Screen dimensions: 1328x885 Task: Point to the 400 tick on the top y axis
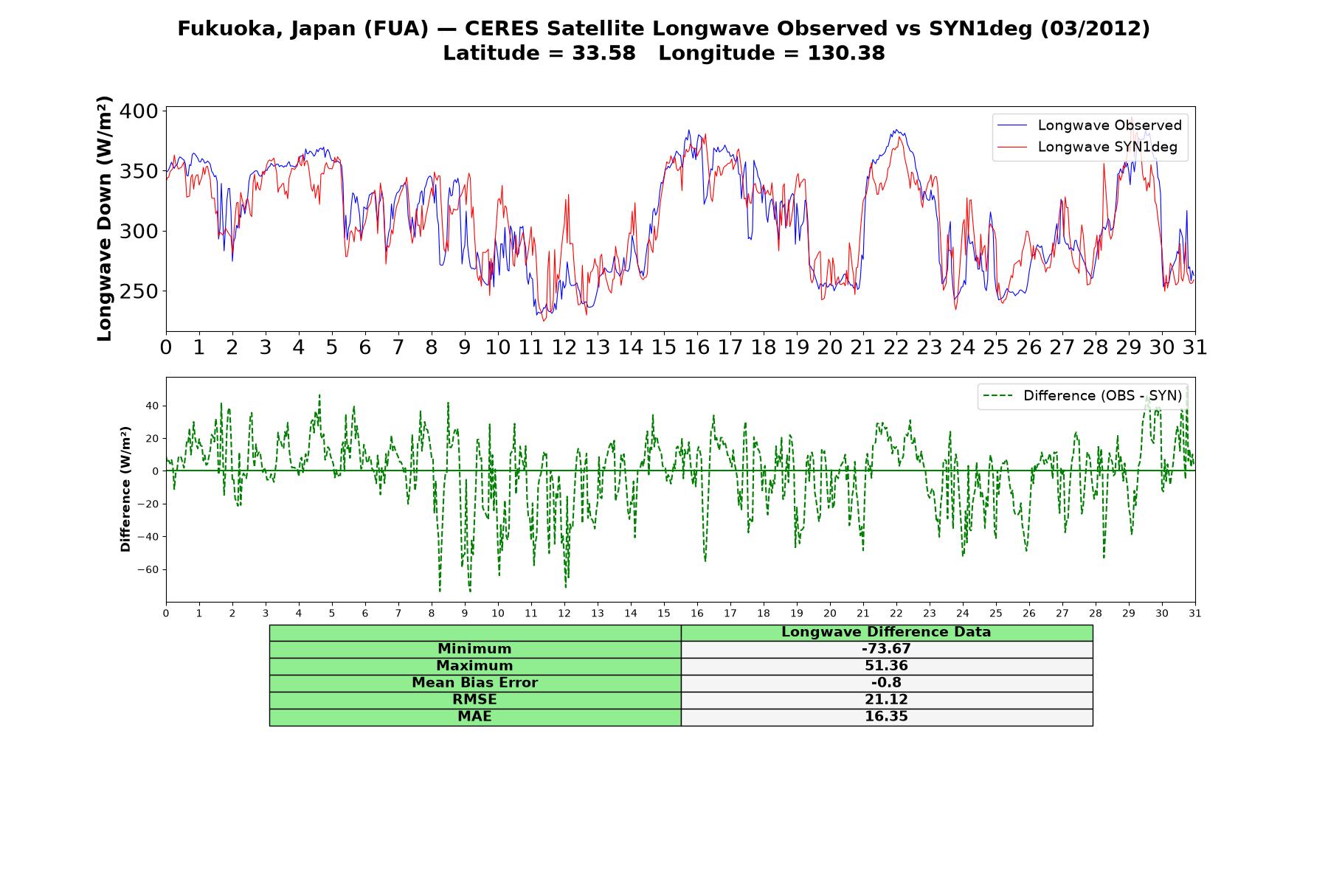pos(139,111)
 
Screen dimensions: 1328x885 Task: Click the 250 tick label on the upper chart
pos(139,291)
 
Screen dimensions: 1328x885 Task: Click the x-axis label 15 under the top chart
pos(663,347)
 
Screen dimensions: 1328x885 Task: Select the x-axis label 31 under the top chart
pos(1194,347)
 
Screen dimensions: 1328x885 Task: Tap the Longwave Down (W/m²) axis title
pos(104,218)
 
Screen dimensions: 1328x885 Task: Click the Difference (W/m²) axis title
pos(125,489)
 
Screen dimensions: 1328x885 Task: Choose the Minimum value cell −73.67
pos(886,649)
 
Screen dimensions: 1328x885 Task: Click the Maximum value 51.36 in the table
pos(886,666)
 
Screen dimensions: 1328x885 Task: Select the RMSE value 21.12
pos(886,700)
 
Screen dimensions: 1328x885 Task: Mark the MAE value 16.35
pos(886,717)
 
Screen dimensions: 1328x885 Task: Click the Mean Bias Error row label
pos(474,683)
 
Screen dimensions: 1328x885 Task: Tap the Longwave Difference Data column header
pos(886,632)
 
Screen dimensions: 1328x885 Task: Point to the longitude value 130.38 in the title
pos(846,53)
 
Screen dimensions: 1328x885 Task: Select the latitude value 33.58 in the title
pos(604,53)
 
